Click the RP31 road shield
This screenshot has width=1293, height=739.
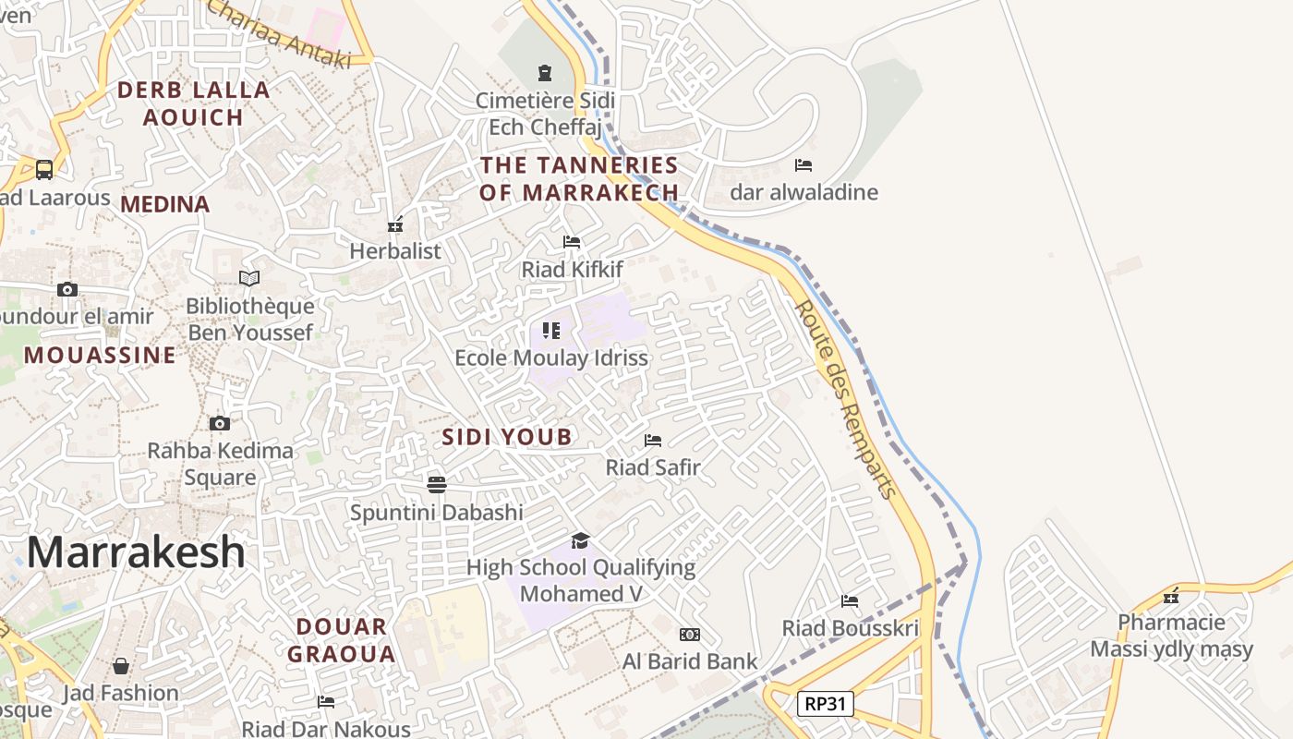[x=825, y=704]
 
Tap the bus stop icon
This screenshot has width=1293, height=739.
[x=44, y=169]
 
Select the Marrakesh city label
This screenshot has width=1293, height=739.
[x=136, y=552]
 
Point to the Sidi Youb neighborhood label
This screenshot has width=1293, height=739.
[x=507, y=437]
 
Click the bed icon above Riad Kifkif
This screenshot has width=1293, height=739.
[x=572, y=242]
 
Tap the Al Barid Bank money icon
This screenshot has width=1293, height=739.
[x=689, y=635]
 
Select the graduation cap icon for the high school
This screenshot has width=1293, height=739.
[x=580, y=540]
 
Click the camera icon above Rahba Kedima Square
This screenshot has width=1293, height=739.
[x=219, y=424]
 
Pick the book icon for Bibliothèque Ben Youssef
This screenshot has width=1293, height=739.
[x=249, y=278]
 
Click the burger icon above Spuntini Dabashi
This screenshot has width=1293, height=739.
[x=437, y=485]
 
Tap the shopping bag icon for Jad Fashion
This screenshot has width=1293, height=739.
[x=121, y=666]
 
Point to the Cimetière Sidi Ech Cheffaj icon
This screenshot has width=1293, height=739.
[x=545, y=72]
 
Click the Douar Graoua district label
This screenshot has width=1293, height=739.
[x=341, y=640]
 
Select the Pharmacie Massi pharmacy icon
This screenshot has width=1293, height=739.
[x=1171, y=596]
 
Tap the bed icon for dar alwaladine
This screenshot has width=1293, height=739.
[x=804, y=165]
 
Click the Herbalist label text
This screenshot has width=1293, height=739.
[x=395, y=251]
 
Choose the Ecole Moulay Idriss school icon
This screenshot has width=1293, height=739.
[x=551, y=331]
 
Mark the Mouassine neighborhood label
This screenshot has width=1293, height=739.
[x=100, y=356]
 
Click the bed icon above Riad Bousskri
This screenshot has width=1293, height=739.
[x=850, y=601]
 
